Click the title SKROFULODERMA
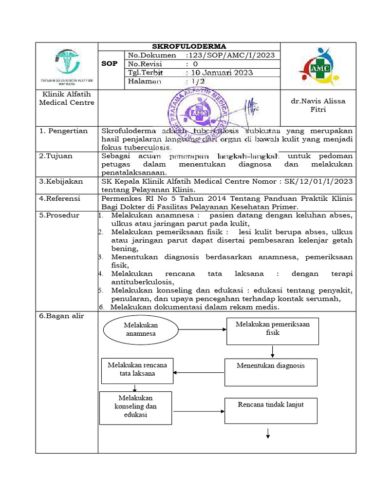pos(189,46)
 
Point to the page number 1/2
pos(199,81)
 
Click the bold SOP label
pos(110,64)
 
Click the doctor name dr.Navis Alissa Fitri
pos(318,105)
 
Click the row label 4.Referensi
pos(60,198)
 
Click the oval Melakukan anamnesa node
pos(141,329)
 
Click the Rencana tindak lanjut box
pos(270,410)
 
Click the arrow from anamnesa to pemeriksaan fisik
pos(203,329)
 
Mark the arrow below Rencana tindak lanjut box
pos(268,433)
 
